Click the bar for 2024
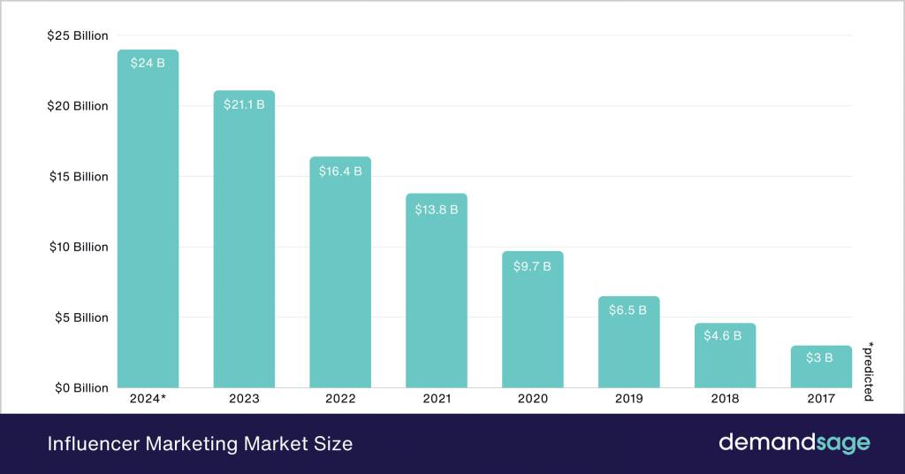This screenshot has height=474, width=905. (148, 221)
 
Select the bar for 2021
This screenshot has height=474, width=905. (436, 292)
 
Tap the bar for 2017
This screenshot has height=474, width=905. (821, 367)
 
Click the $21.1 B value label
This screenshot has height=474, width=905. (243, 104)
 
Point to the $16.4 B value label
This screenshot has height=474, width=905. (340, 171)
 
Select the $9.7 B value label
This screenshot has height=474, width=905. (532, 265)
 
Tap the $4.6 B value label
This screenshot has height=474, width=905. (724, 336)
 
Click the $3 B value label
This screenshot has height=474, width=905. (821, 358)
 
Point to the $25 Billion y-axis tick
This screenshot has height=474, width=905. (77, 36)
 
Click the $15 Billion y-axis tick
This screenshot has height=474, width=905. (77, 177)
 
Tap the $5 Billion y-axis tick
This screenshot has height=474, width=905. (80, 317)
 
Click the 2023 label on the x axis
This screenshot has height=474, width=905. (243, 399)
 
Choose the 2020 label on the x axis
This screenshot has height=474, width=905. (532, 399)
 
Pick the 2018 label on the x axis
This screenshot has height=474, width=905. (724, 399)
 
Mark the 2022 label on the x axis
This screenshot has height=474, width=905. (340, 399)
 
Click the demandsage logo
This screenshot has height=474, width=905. (794, 443)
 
